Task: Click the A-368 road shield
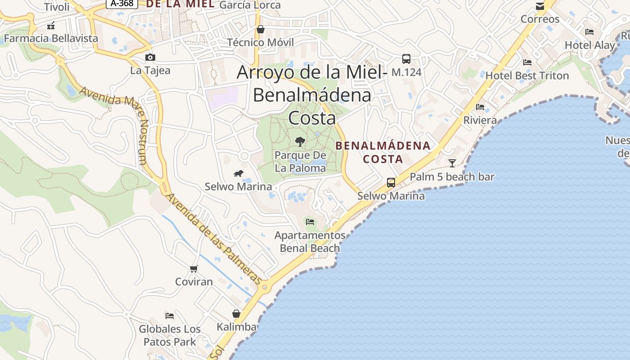pos(121,4)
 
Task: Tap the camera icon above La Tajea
pos(150,57)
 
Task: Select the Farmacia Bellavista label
pos(51,38)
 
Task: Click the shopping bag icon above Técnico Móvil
pos(260,30)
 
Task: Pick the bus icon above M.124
pos(406,58)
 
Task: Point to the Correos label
pos(540,19)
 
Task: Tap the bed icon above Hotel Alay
pos(589,32)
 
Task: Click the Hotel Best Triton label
pos(527,76)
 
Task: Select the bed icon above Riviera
pos(480,107)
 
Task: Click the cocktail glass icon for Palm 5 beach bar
pos(452,163)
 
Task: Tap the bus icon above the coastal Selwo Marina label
pos(391,183)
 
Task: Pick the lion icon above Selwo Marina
pos(238,174)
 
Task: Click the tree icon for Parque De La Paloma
pos(300,142)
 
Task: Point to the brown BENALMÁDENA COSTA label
pos(383,152)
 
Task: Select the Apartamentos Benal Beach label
pos(310,242)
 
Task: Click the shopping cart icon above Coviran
pos(193,269)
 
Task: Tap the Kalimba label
pos(236,327)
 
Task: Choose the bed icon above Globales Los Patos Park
pos(170,315)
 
